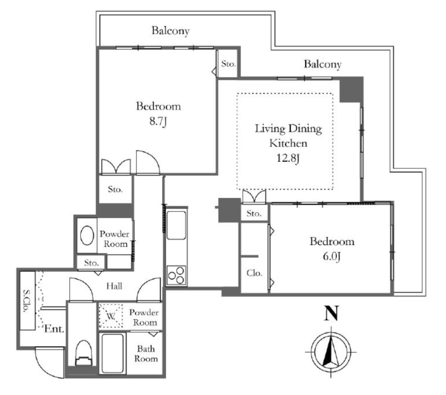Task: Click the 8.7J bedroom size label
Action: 158,122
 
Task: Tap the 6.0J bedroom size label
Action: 331,257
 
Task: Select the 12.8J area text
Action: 288,158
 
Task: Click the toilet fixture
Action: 84,353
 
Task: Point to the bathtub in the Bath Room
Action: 113,354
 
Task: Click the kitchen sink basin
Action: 176,225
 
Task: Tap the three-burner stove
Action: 176,275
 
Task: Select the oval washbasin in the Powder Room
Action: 87,236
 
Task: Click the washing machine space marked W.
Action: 111,316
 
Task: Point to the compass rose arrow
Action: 331,351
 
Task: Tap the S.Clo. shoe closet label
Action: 27,301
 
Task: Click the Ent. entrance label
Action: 54,329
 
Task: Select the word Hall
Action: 115,286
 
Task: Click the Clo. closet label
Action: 254,273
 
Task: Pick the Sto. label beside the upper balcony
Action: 228,64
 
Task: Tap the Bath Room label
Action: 146,354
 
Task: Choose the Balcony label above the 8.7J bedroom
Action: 170,31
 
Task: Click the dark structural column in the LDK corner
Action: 351,89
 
